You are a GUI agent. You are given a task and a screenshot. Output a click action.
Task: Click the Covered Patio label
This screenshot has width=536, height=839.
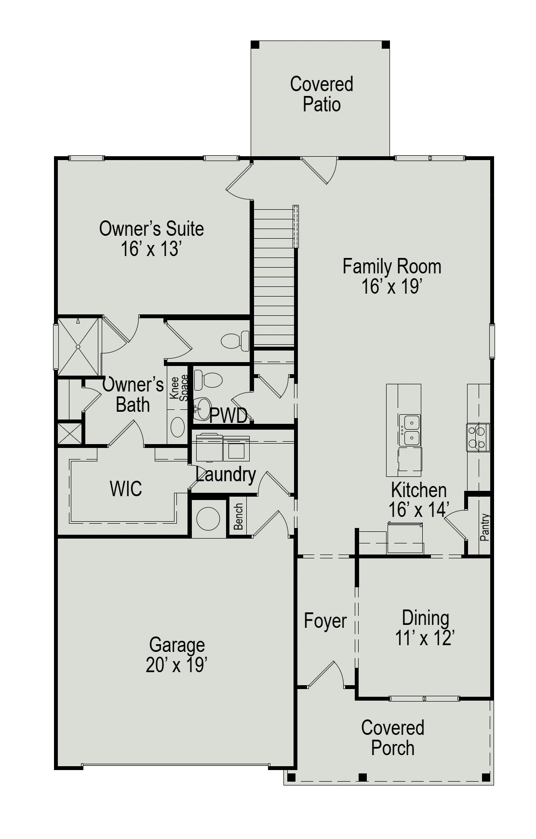(x=322, y=94)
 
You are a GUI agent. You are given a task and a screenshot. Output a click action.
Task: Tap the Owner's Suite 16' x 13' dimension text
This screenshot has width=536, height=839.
(x=151, y=249)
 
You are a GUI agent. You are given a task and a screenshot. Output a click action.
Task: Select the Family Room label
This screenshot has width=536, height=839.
(x=391, y=267)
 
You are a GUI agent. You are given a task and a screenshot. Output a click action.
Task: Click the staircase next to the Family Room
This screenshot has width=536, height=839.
(x=274, y=275)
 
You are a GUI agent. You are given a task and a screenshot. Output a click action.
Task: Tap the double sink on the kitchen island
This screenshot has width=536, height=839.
(x=410, y=430)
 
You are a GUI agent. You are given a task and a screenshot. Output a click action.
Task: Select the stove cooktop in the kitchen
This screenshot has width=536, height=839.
(x=478, y=437)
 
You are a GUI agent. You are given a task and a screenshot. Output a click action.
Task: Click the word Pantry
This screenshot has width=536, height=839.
(x=485, y=527)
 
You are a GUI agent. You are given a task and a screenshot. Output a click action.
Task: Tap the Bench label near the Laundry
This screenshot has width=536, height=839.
(x=239, y=516)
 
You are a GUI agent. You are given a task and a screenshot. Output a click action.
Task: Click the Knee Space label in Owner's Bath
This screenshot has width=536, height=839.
(x=179, y=389)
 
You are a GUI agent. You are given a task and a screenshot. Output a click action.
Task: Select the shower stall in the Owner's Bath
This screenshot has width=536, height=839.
(x=78, y=346)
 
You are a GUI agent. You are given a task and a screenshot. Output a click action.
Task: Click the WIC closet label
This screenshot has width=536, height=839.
(x=126, y=488)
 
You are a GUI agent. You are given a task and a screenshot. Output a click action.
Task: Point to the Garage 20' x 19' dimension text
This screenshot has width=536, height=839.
(x=176, y=665)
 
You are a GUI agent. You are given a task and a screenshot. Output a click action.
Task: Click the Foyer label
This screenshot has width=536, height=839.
(x=325, y=621)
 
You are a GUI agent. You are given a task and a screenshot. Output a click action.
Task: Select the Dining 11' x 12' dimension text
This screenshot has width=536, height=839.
(x=425, y=638)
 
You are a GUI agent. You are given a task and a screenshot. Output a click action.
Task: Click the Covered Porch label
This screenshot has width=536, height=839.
(x=392, y=738)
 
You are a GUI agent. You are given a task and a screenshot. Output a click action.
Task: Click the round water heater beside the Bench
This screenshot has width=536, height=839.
(x=208, y=519)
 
